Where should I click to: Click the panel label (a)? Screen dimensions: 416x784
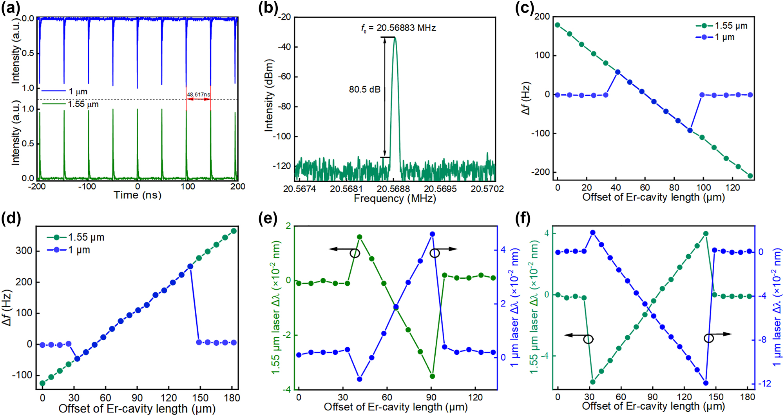[x=11, y=9]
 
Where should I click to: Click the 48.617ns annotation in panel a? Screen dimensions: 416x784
[x=198, y=95]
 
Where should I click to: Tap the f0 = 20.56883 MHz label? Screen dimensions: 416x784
[x=398, y=28]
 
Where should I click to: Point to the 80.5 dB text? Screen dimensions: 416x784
[x=365, y=89]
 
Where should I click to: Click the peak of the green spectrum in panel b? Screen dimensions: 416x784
[x=395, y=38]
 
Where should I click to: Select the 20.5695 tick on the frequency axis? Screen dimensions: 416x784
[x=440, y=189]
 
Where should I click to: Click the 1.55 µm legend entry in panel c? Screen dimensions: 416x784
[x=722, y=26]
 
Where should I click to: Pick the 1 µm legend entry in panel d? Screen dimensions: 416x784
[x=69, y=250]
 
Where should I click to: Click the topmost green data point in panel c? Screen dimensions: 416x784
[x=558, y=25]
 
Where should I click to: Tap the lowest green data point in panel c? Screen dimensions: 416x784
[x=750, y=176]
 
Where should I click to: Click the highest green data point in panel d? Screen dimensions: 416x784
[x=234, y=231]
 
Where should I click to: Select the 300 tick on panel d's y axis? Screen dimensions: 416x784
[x=24, y=251]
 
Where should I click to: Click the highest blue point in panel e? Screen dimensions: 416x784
[x=433, y=234]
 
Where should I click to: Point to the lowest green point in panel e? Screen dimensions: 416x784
[x=433, y=376]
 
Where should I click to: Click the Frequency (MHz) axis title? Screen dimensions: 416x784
[x=395, y=199]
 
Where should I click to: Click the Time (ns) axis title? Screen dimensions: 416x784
[x=138, y=195]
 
